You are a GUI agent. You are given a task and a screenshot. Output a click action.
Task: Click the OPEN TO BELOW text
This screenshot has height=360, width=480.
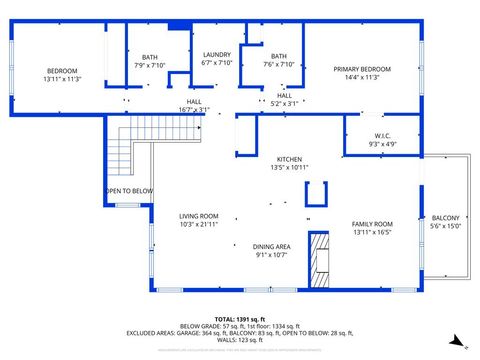pyautogui.click(x=129, y=191)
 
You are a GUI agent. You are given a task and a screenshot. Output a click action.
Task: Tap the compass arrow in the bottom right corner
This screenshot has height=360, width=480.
pyautogui.click(x=456, y=341)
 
